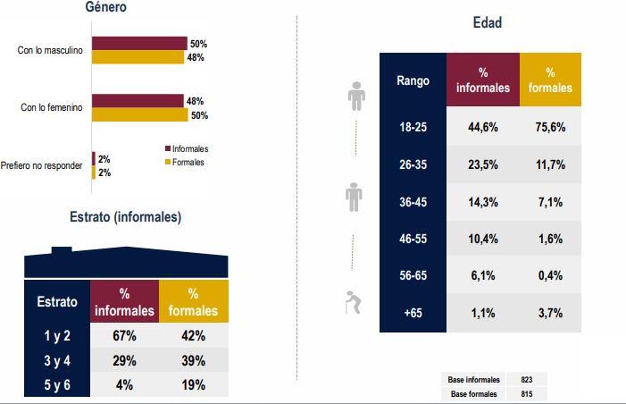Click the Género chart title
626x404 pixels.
coord(105,8)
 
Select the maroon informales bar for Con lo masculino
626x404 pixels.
coord(138,43)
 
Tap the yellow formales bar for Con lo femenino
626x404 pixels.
coord(138,115)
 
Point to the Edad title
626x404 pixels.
coord(487,23)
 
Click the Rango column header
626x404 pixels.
coord(413,80)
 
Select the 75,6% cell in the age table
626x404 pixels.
coord(550,127)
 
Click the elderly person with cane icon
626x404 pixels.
coord(354,304)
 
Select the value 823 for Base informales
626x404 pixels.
coord(526,380)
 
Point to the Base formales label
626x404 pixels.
coord(473,393)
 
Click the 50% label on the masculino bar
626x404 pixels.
coord(197,43)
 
